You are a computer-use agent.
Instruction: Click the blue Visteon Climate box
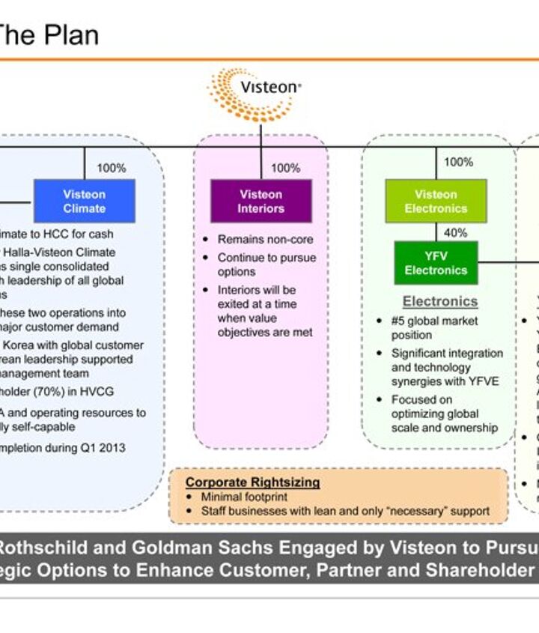point(84,201)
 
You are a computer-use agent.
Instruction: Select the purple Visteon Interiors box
point(261,201)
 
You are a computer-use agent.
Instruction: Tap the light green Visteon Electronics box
point(436,201)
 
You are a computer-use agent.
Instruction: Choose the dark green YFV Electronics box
point(436,263)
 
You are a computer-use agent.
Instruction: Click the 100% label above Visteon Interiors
point(285,169)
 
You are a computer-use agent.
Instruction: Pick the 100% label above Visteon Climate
point(111,169)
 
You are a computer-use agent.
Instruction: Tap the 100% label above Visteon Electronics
point(458,162)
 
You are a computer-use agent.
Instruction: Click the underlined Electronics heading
point(440,301)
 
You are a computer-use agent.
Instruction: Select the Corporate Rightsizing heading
point(252,482)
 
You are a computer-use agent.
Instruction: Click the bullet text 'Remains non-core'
point(265,240)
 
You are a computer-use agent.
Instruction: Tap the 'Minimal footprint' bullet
point(243,497)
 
